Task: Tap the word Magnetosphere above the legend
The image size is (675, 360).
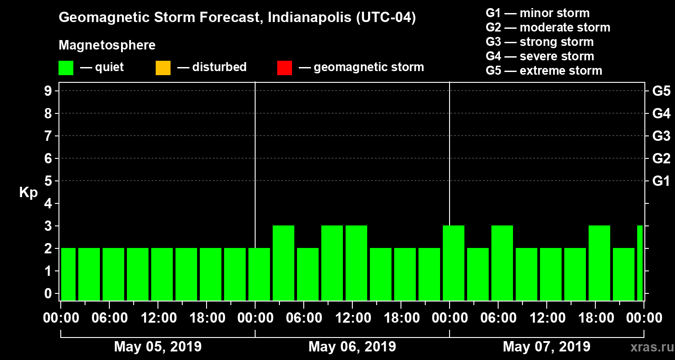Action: click(x=107, y=45)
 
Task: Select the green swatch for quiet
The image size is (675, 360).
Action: click(x=66, y=68)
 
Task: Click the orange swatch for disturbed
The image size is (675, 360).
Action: click(x=163, y=68)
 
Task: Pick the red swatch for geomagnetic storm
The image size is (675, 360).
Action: click(x=284, y=68)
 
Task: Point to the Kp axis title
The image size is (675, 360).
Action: click(x=28, y=193)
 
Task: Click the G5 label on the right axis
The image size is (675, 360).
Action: click(x=661, y=91)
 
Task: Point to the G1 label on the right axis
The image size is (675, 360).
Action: click(x=661, y=181)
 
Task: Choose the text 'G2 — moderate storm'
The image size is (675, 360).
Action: click(x=548, y=27)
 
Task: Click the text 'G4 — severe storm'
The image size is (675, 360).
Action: click(x=540, y=56)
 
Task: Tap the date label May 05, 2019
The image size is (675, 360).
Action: click(x=158, y=346)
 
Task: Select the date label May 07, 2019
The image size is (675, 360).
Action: click(x=546, y=346)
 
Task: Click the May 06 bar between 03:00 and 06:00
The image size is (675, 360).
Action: click(x=283, y=263)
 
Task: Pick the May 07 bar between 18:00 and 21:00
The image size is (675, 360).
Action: click(x=599, y=263)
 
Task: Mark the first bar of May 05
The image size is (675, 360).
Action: click(x=68, y=274)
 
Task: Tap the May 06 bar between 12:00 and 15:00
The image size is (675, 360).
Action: click(x=356, y=263)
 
